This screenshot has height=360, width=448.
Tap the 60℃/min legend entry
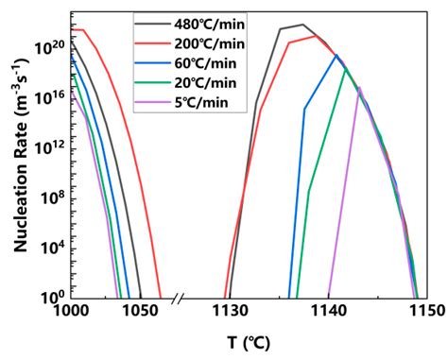[x=206, y=63]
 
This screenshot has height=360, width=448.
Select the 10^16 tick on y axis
[x=49, y=95]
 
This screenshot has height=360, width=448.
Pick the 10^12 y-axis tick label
[x=49, y=146]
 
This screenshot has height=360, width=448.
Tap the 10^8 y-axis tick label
[x=52, y=196]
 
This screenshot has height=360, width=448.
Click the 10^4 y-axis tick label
[x=52, y=246]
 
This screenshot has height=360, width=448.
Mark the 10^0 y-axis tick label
[x=52, y=295]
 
